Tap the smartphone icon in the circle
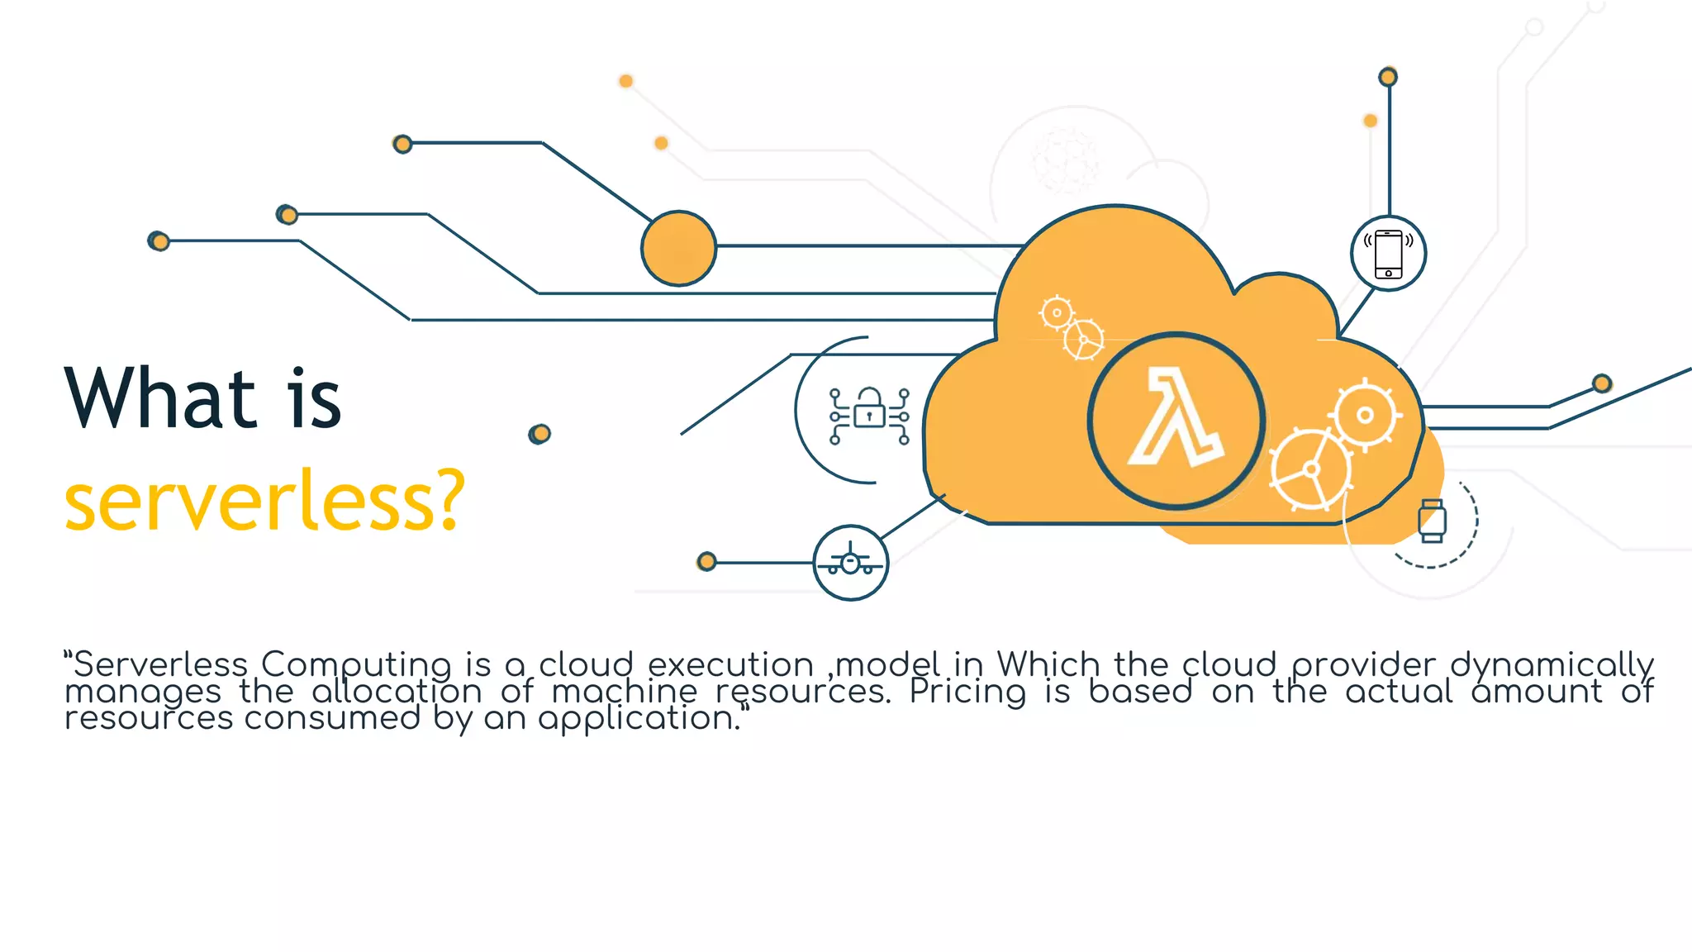coord(1388,254)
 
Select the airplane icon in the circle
coord(850,563)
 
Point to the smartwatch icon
coord(1432,521)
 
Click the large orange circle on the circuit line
coord(678,248)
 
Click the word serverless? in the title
coord(264,501)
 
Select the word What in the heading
coord(160,399)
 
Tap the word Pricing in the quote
coord(967,692)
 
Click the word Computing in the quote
coord(356,665)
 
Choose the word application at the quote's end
coord(636,719)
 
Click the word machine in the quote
coord(624,692)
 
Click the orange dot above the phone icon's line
coord(1388,77)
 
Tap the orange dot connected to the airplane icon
coord(706,562)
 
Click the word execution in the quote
coord(730,665)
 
